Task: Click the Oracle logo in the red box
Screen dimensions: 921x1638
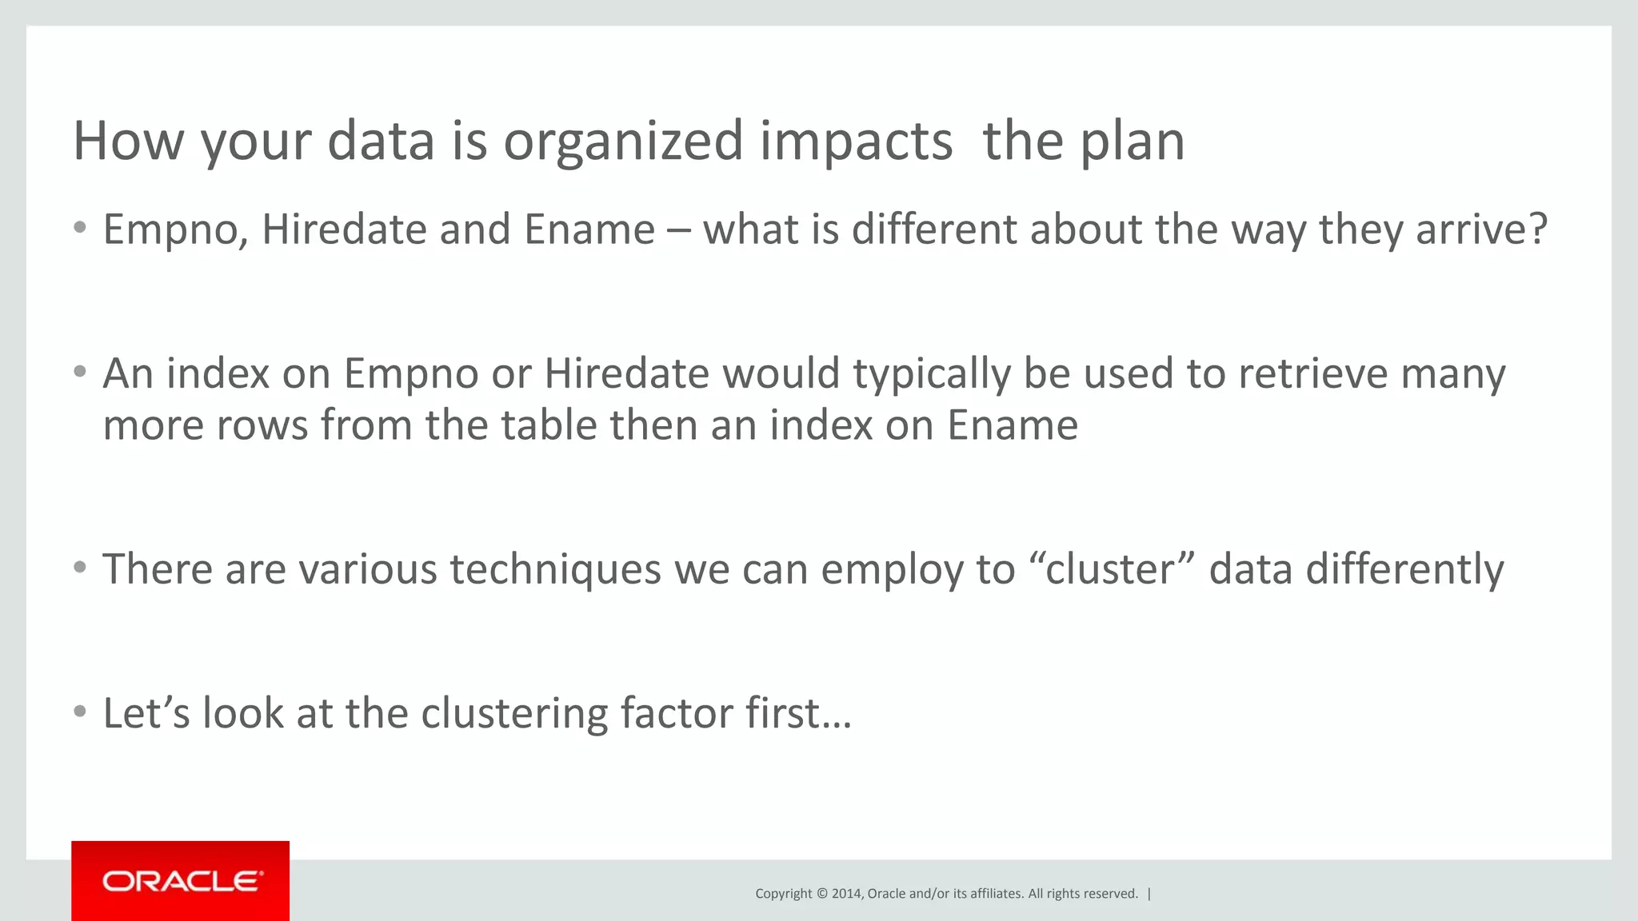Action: pyautogui.click(x=182, y=881)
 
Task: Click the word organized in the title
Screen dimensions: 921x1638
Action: pyautogui.click(x=623, y=142)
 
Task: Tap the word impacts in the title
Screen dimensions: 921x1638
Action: pyautogui.click(x=855, y=142)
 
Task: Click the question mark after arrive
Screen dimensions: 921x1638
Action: pyautogui.click(x=1537, y=229)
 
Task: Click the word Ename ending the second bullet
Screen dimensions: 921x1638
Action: pyautogui.click(x=1012, y=425)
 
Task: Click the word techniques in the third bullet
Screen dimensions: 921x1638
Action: pyautogui.click(x=555, y=569)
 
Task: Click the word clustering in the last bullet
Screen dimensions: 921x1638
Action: pyautogui.click(x=514, y=713)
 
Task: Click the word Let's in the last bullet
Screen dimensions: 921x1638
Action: pyautogui.click(x=146, y=713)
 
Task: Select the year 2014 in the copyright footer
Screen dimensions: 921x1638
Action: pyautogui.click(x=846, y=894)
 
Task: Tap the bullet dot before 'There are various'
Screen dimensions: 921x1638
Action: pyautogui.click(x=79, y=568)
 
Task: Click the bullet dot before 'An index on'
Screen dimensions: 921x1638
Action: pyautogui.click(x=79, y=372)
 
